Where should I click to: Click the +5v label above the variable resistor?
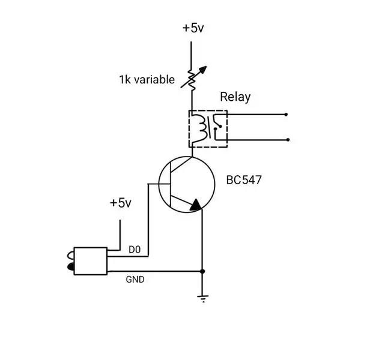193,28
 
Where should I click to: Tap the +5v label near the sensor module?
120,203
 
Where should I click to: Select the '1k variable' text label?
147,79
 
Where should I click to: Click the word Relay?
235,97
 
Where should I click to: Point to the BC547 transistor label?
244,180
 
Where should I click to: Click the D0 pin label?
135,250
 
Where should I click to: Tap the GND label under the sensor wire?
135,280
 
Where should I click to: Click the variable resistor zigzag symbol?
192,80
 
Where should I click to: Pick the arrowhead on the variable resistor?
203,70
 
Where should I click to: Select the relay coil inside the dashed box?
199,128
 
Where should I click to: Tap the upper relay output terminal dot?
286,115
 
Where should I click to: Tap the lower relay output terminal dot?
288,140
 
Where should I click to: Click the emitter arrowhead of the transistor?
196,205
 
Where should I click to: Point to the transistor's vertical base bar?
171,184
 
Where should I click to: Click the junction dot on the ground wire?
202,271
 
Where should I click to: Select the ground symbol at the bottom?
202,299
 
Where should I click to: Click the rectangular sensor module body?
91,261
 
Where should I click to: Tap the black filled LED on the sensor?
71,266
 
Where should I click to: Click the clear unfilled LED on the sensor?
71,255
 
